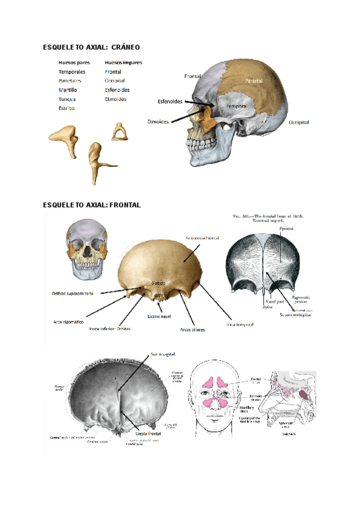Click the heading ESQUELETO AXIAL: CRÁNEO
pyautogui.click(x=91, y=46)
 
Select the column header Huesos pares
pyautogui.click(x=74, y=62)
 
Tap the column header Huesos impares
pyautogui.click(x=123, y=62)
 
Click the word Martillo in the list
pyautogui.click(x=67, y=89)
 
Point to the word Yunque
pyautogui.click(x=67, y=98)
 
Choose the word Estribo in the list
pyautogui.click(x=67, y=108)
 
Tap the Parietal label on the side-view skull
pyautogui.click(x=254, y=80)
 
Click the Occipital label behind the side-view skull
pyautogui.click(x=298, y=122)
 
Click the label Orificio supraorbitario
pyautogui.click(x=75, y=293)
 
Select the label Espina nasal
pyautogui.click(x=158, y=316)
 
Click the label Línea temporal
pyautogui.click(x=239, y=325)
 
